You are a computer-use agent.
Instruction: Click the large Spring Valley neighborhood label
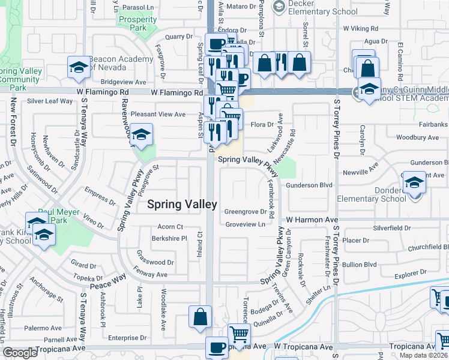(182, 205)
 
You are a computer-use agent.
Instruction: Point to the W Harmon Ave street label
(312, 220)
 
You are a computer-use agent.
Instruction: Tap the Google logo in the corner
(20, 352)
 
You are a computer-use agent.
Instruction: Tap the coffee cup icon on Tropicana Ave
(217, 347)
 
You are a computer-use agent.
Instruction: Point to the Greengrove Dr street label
(246, 212)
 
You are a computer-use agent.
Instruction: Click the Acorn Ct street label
(170, 227)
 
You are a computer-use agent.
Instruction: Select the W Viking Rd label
(360, 28)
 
